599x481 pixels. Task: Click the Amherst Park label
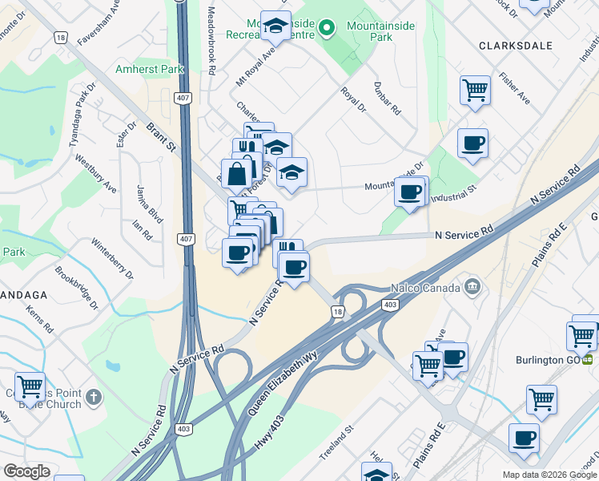(x=150, y=70)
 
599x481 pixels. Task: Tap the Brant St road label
(x=161, y=137)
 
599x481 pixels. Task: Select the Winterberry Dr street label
(x=111, y=257)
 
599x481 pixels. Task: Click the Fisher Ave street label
(x=514, y=88)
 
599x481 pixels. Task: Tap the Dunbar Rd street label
(x=387, y=99)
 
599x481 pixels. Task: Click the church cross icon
(x=94, y=396)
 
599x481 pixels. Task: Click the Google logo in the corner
(x=27, y=471)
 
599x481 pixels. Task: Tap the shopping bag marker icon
(x=238, y=172)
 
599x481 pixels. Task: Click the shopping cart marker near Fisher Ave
(x=475, y=89)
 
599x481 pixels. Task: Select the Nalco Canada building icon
(x=472, y=287)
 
